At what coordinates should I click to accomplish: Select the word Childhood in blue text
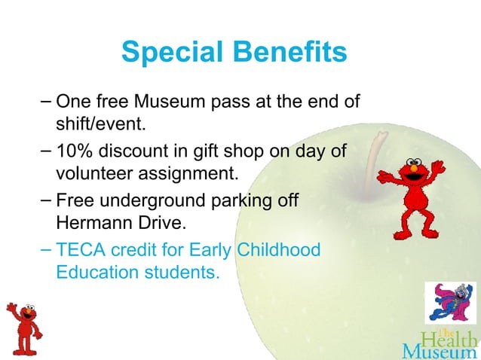(278, 249)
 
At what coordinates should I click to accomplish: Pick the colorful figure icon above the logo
(450, 302)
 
